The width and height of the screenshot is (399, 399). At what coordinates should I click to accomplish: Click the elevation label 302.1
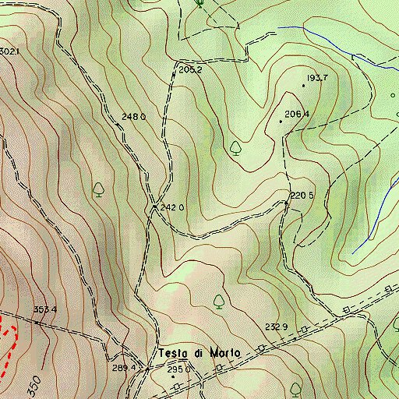coord(9,51)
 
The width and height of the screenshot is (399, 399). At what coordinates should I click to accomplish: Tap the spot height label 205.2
coord(190,70)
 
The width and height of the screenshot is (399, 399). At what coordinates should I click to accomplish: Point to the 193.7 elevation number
coord(318,78)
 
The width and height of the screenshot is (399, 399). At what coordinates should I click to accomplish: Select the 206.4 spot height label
coord(298,115)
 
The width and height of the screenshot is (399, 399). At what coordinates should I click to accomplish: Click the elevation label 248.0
coord(134,117)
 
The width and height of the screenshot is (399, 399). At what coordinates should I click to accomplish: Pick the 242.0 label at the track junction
coord(172,208)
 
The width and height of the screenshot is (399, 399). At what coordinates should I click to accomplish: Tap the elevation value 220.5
coord(302,195)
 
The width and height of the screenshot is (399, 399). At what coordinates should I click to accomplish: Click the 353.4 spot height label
coord(45,310)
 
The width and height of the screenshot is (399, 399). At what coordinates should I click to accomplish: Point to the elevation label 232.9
coord(277,327)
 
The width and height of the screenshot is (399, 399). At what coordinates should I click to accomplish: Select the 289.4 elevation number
coord(124,368)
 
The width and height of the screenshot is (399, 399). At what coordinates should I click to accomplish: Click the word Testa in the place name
coord(175,352)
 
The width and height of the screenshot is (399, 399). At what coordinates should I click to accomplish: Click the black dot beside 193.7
coord(303,84)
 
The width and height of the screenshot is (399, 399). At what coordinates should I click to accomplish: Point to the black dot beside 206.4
coord(281,122)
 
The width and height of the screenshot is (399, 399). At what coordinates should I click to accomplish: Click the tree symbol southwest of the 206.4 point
coord(236,147)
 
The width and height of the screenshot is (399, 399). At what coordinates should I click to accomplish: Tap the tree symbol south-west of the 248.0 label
coord(99,189)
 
